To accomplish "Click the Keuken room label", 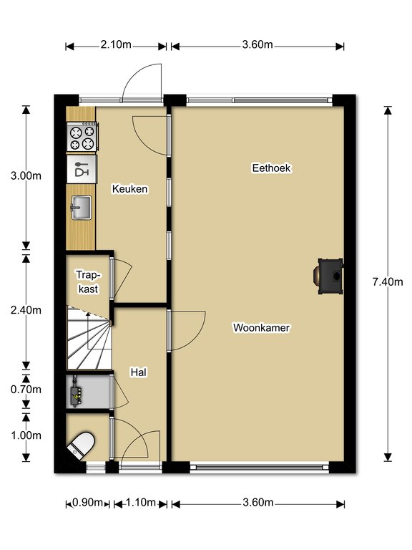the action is click(x=129, y=189).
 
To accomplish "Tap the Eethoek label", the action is click(x=272, y=168).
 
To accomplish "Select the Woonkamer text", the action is click(x=261, y=327).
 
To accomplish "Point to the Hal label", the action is click(x=138, y=372).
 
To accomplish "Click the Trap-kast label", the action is click(x=88, y=281).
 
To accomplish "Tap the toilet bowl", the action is click(x=82, y=445).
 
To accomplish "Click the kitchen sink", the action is click(x=82, y=208).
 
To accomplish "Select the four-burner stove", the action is click(x=82, y=137).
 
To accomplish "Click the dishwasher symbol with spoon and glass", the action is click(x=82, y=169).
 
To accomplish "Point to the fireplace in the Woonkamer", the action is click(x=329, y=276).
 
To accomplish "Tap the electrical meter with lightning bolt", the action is click(x=77, y=392).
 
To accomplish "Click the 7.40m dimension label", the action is click(x=388, y=281).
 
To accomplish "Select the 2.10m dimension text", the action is click(x=116, y=45).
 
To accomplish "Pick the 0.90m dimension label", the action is click(x=87, y=503).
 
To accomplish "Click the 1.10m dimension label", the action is click(x=140, y=503).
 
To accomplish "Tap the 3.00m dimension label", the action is click(x=26, y=175).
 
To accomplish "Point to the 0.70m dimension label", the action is click(x=26, y=390).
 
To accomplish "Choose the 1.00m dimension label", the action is click(x=26, y=435).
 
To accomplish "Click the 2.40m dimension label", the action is click(x=26, y=310).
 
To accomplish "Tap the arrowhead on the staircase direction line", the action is click(x=88, y=314).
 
